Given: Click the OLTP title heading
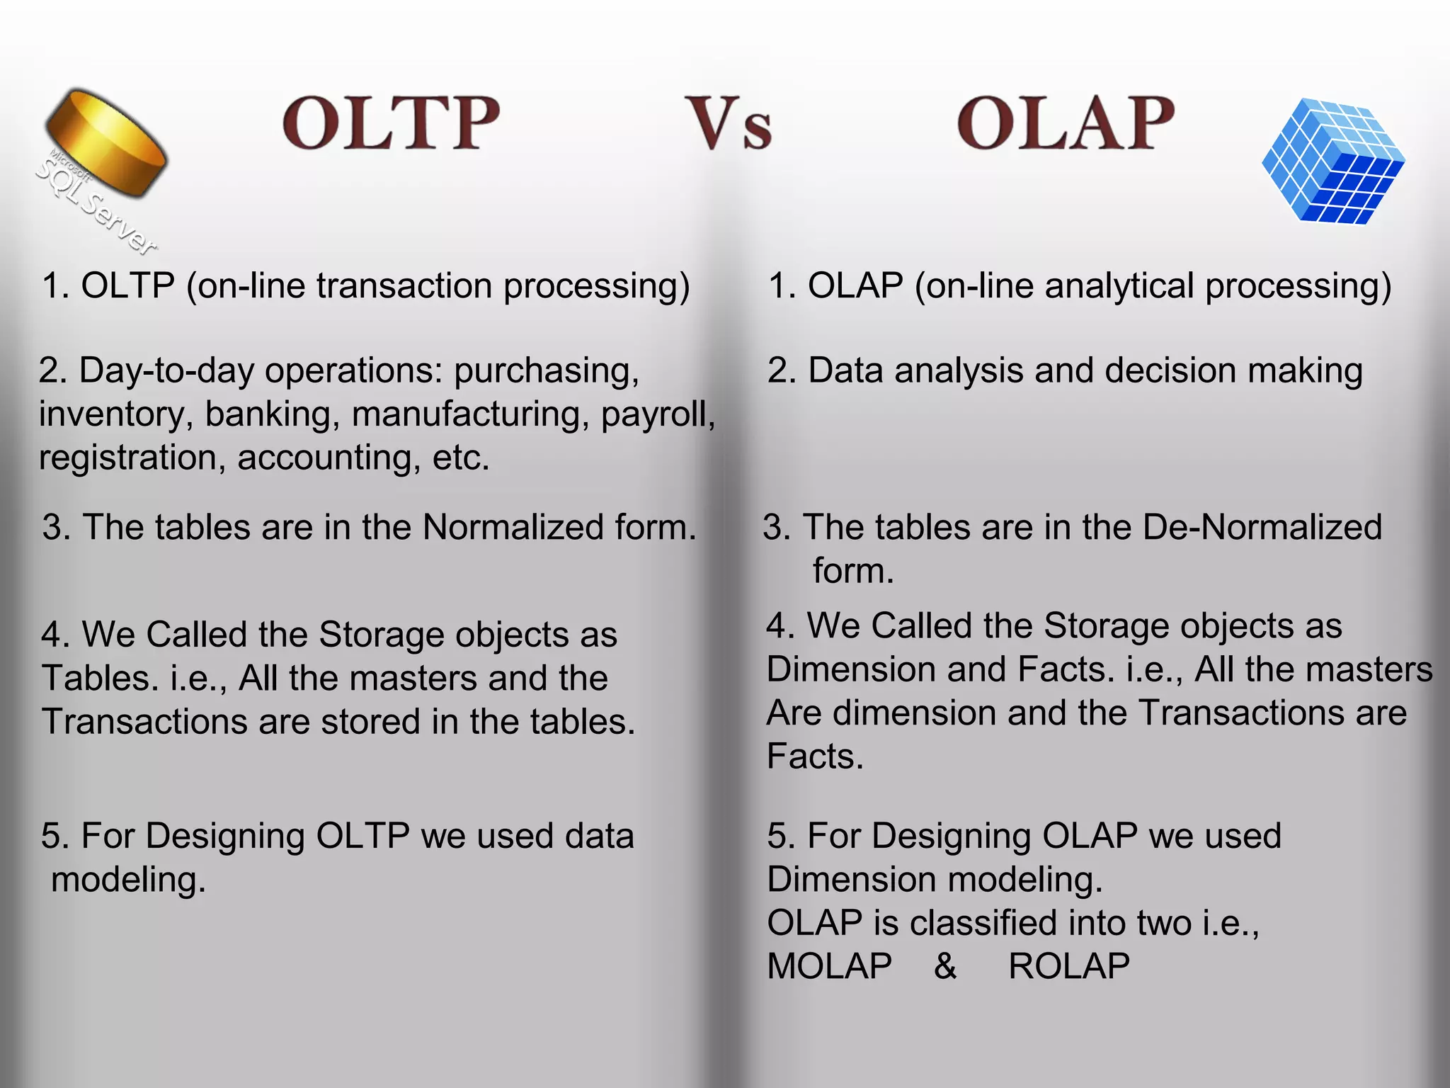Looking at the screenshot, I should [x=391, y=123].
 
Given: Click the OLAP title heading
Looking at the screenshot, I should [x=1066, y=123].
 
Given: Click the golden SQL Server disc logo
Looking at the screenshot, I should [x=106, y=145].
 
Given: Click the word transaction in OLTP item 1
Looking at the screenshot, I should [x=404, y=286].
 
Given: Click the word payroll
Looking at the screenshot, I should [x=656, y=414].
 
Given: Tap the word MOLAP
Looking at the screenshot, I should [x=829, y=967].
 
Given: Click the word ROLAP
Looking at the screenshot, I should [x=1068, y=967].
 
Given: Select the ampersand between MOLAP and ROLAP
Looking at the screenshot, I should [x=945, y=967].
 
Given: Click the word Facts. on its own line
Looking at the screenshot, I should [x=815, y=756].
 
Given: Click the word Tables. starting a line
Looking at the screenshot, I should [x=100, y=679].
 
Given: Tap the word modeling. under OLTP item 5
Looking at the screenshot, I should [x=128, y=880].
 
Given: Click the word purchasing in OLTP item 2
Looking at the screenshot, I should [x=546, y=371].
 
